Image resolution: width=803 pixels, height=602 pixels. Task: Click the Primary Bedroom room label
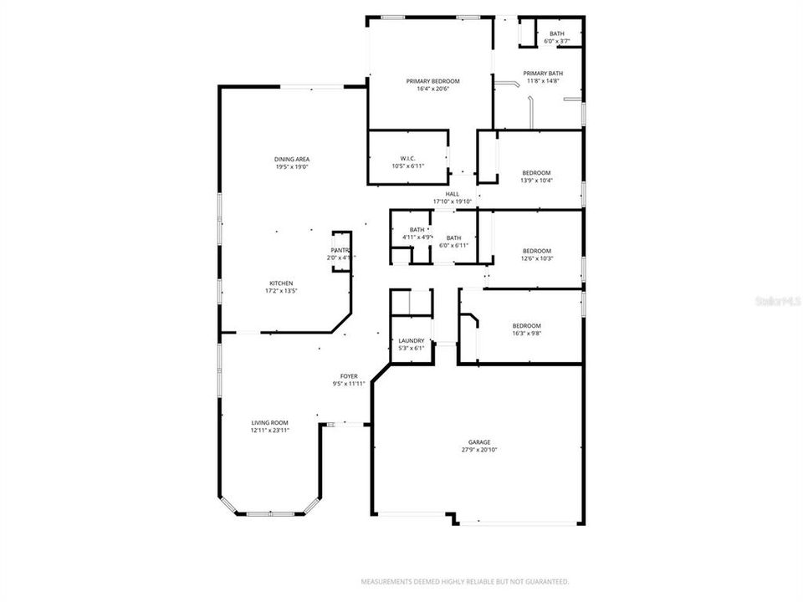(432, 81)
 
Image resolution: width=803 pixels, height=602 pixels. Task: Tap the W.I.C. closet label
(408, 158)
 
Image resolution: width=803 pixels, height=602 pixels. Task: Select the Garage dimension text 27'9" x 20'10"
(479, 450)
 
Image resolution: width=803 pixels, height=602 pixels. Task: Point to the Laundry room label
(411, 340)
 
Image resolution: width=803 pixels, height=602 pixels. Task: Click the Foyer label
(349, 376)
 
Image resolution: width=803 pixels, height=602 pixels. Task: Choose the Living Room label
(269, 423)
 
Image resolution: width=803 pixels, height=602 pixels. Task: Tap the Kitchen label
(280, 283)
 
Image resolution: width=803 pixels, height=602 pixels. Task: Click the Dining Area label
(292, 159)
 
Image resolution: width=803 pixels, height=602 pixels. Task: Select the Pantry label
(340, 250)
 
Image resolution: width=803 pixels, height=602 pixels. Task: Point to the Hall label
(453, 194)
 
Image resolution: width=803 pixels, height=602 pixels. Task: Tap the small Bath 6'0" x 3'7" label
(556, 34)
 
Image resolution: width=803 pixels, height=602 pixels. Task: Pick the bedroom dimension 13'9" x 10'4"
(536, 180)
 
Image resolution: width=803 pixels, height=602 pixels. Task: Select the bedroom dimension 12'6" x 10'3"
(537, 258)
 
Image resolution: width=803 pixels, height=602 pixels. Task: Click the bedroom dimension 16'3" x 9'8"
(526, 333)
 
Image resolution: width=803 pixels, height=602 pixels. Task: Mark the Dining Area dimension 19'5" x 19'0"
(292, 166)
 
